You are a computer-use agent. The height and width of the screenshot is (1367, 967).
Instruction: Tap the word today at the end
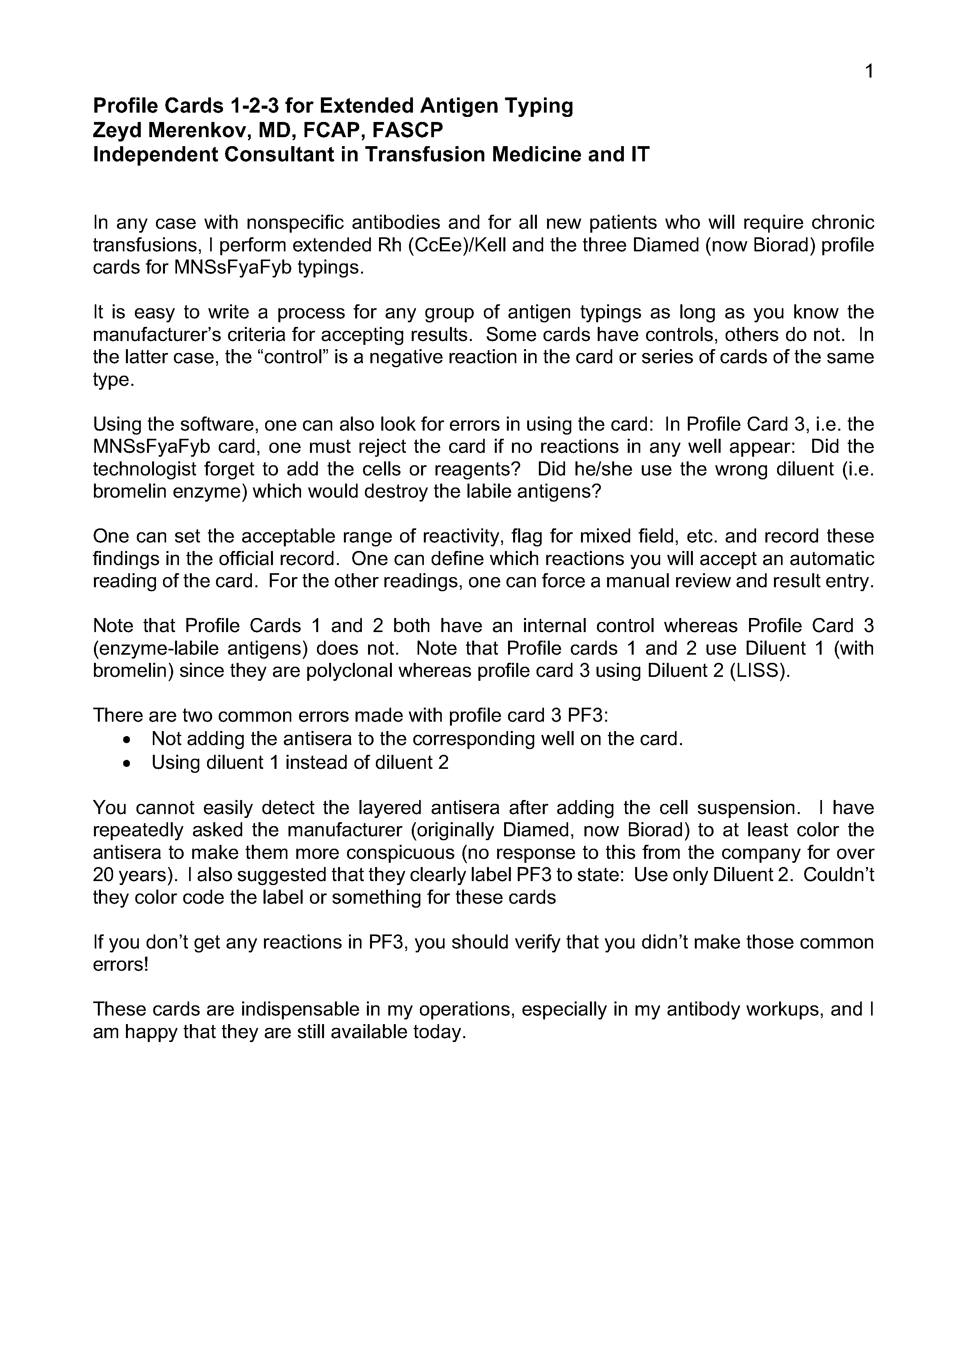(x=439, y=1032)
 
